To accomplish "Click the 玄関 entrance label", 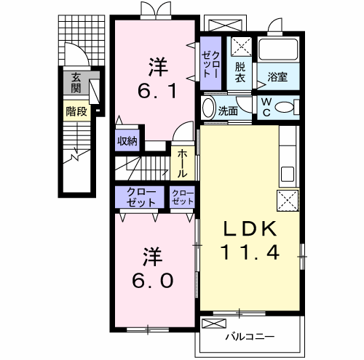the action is pyautogui.click(x=76, y=83).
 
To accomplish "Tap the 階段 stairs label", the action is pyautogui.click(x=76, y=111).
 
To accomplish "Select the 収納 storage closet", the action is pyautogui.click(x=127, y=140).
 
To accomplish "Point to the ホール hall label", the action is pyautogui.click(x=182, y=164).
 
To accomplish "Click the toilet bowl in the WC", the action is pyautogui.click(x=285, y=108).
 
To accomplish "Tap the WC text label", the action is pyautogui.click(x=266, y=107).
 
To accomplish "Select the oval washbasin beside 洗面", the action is pyautogui.click(x=209, y=108).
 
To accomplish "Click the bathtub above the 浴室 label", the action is pyautogui.click(x=278, y=49).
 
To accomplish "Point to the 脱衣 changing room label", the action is pyautogui.click(x=240, y=73).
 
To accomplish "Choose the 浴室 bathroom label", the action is pyautogui.click(x=277, y=77).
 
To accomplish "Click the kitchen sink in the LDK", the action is pyautogui.click(x=288, y=175).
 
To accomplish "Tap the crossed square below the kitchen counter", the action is pyautogui.click(x=288, y=201).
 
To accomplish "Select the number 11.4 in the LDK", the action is pyautogui.click(x=250, y=252).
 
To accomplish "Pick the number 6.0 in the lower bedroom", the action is pyautogui.click(x=153, y=281).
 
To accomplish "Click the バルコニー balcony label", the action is pyautogui.click(x=250, y=337).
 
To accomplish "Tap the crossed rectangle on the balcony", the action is pyautogui.click(x=214, y=324).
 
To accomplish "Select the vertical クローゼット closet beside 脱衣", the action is pyautogui.click(x=210, y=63).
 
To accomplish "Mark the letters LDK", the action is pyautogui.click(x=250, y=229).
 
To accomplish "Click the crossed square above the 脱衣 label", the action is pyautogui.click(x=241, y=47).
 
